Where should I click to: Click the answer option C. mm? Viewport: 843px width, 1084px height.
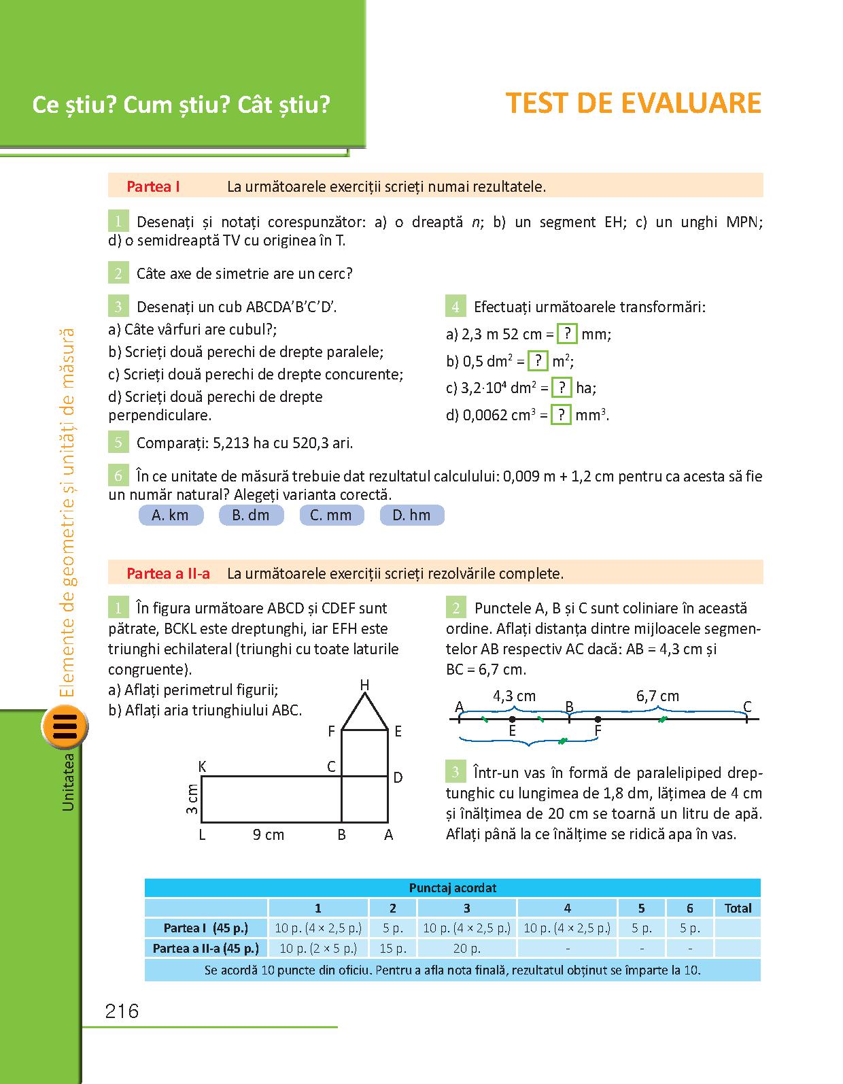pyautogui.click(x=331, y=515)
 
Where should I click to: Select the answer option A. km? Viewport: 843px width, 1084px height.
pyautogui.click(x=171, y=515)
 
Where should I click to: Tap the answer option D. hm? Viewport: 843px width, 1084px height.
pyautogui.click(x=411, y=515)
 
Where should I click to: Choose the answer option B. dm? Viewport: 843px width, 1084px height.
pyautogui.click(x=251, y=515)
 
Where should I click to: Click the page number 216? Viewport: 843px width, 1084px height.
pyautogui.click(x=122, y=1011)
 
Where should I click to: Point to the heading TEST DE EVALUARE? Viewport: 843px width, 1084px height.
pyautogui.click(x=634, y=103)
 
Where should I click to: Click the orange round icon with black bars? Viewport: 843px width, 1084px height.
pyautogui.click(x=65, y=727)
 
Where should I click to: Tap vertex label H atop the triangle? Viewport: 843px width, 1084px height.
pyautogui.click(x=364, y=685)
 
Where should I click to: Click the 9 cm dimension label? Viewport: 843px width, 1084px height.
pyautogui.click(x=269, y=834)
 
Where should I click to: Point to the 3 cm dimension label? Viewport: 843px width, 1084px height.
pyautogui.click(x=192, y=799)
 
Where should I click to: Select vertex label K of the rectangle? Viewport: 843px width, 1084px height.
pyautogui.click(x=202, y=766)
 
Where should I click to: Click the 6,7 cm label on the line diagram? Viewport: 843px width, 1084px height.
pyautogui.click(x=657, y=696)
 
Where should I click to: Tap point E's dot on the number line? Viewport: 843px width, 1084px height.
pyautogui.click(x=512, y=719)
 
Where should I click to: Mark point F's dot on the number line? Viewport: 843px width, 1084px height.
pyautogui.click(x=598, y=719)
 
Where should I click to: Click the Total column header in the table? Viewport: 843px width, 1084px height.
pyautogui.click(x=738, y=908)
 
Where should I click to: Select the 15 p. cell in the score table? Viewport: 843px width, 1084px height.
pyautogui.click(x=393, y=948)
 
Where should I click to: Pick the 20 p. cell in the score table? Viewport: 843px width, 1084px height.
pyautogui.click(x=466, y=948)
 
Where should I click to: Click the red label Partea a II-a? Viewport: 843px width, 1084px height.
pyautogui.click(x=168, y=573)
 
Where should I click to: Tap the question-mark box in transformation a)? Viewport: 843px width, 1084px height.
pyautogui.click(x=567, y=334)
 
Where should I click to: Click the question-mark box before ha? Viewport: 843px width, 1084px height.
pyautogui.click(x=561, y=388)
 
